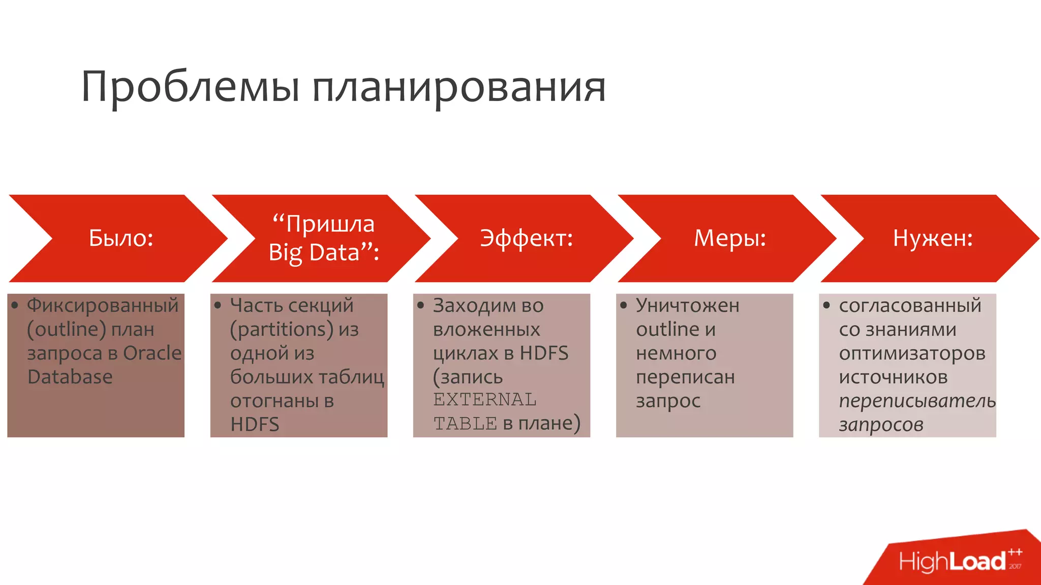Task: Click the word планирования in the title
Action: pyautogui.click(x=458, y=87)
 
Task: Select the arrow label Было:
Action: pyautogui.click(x=121, y=238)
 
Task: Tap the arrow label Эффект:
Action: pyautogui.click(x=527, y=238)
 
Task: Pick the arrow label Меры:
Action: pyautogui.click(x=730, y=238)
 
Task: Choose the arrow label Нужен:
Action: pyautogui.click(x=933, y=238)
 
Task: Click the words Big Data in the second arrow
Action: pyautogui.click(x=314, y=252)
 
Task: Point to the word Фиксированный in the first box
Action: pyautogui.click(x=103, y=305)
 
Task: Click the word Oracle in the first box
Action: pyautogui.click(x=152, y=353)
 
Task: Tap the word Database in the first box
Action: pyautogui.click(x=70, y=377)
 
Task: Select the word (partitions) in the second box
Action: pyautogui.click(x=281, y=330)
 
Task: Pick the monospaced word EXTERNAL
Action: pyautogui.click(x=484, y=400)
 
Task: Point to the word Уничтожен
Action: pyautogui.click(x=688, y=305)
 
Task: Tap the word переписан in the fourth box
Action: pyautogui.click(x=685, y=377)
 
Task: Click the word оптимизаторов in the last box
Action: pyautogui.click(x=912, y=353)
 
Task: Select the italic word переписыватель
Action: pyautogui.click(x=917, y=401)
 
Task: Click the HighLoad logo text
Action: pyautogui.click(x=952, y=562)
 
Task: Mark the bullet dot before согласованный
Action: pyautogui.click(x=826, y=305)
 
